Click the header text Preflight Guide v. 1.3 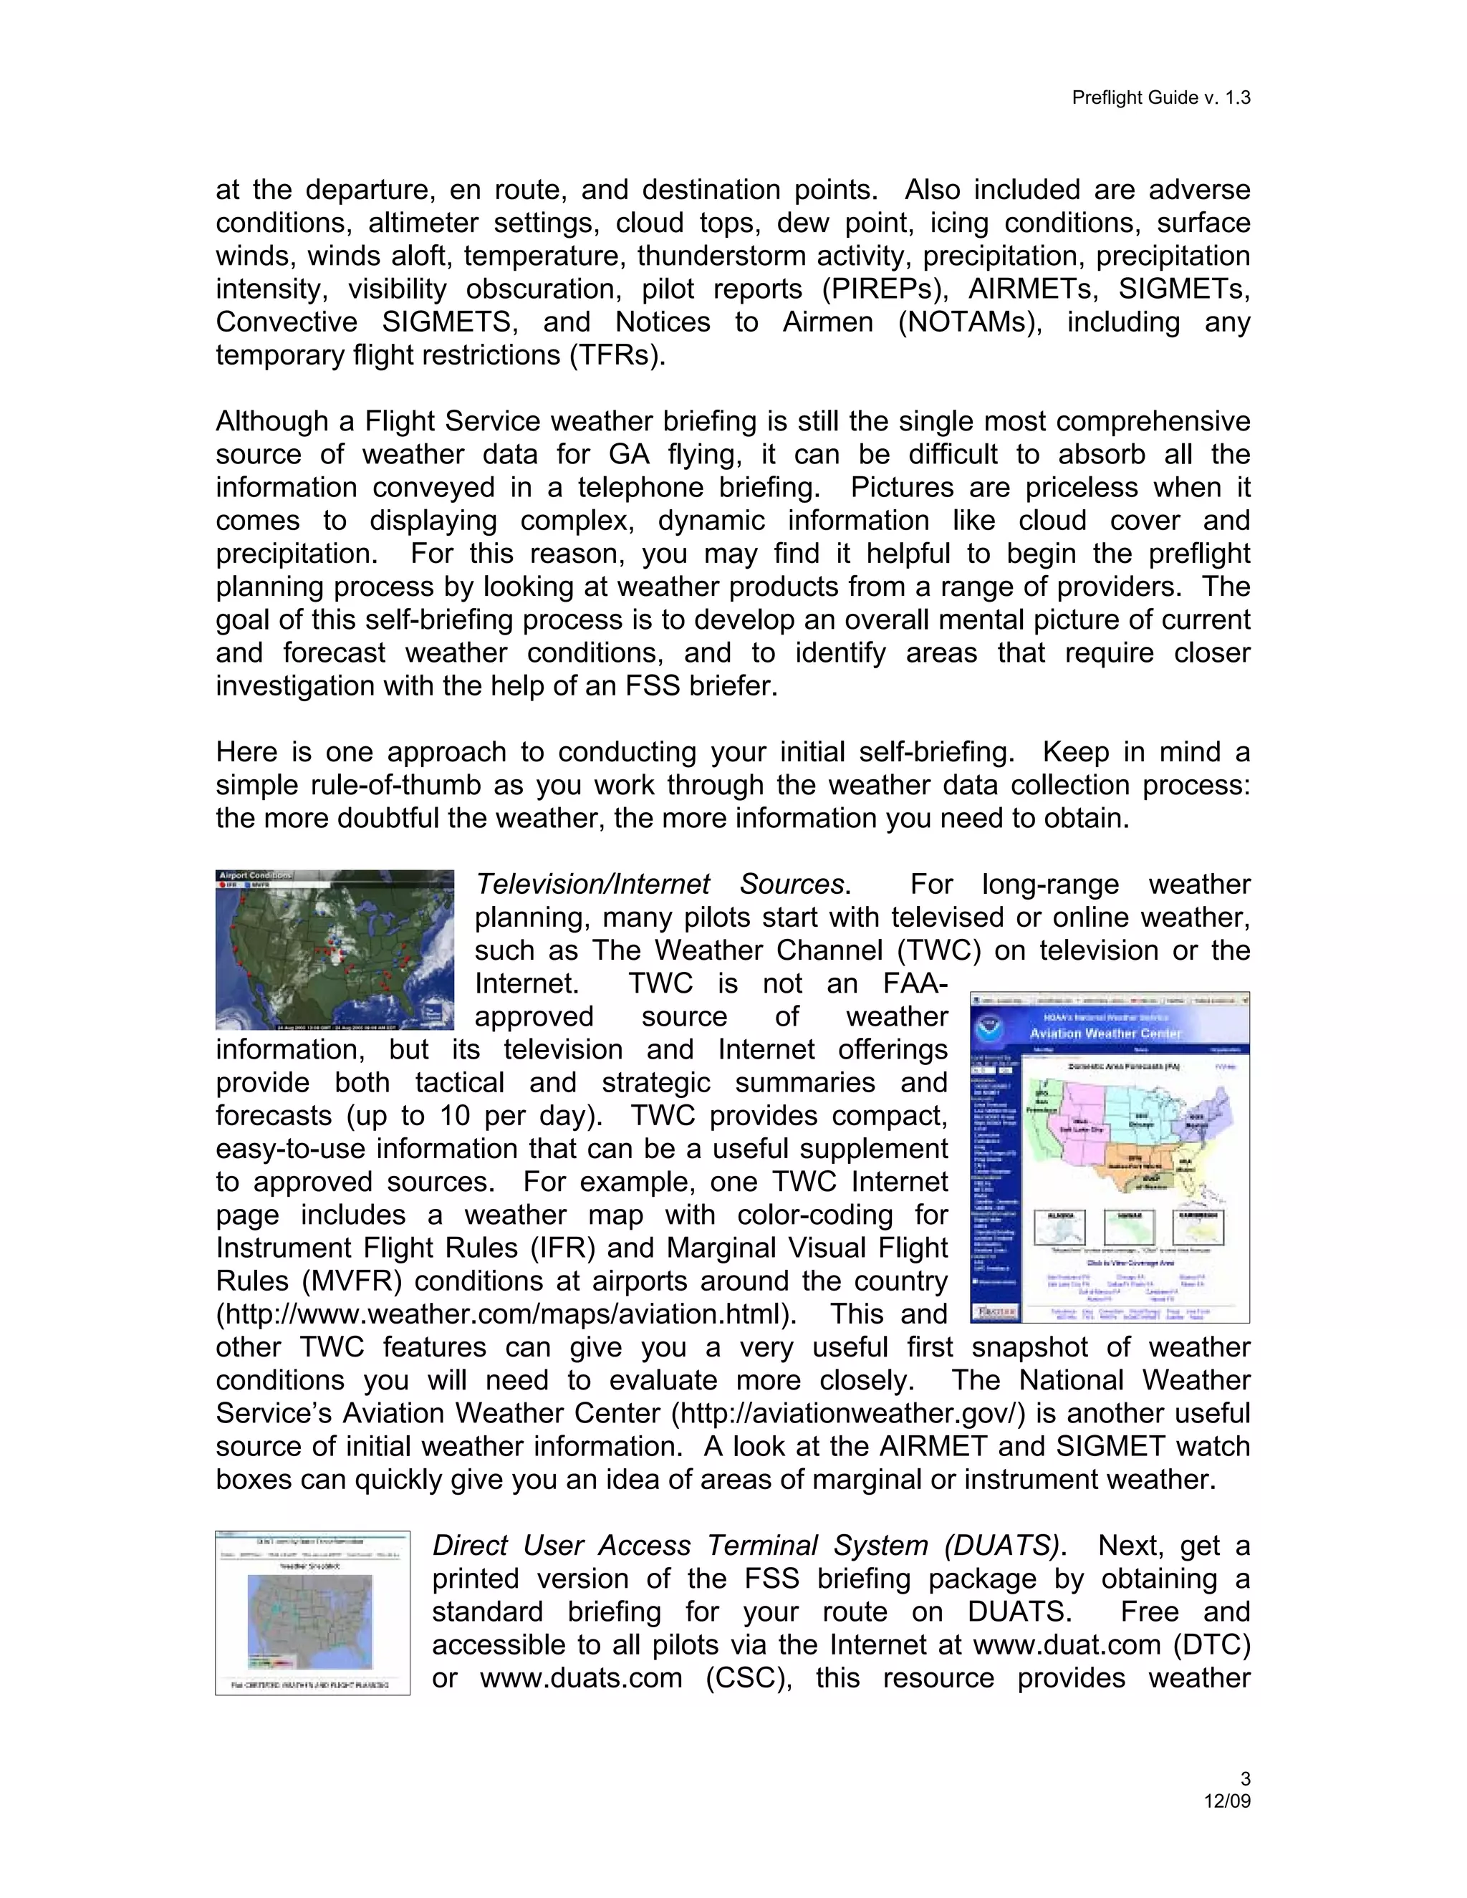1160,97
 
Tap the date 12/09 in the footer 1227,1801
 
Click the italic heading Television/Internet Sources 663,884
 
